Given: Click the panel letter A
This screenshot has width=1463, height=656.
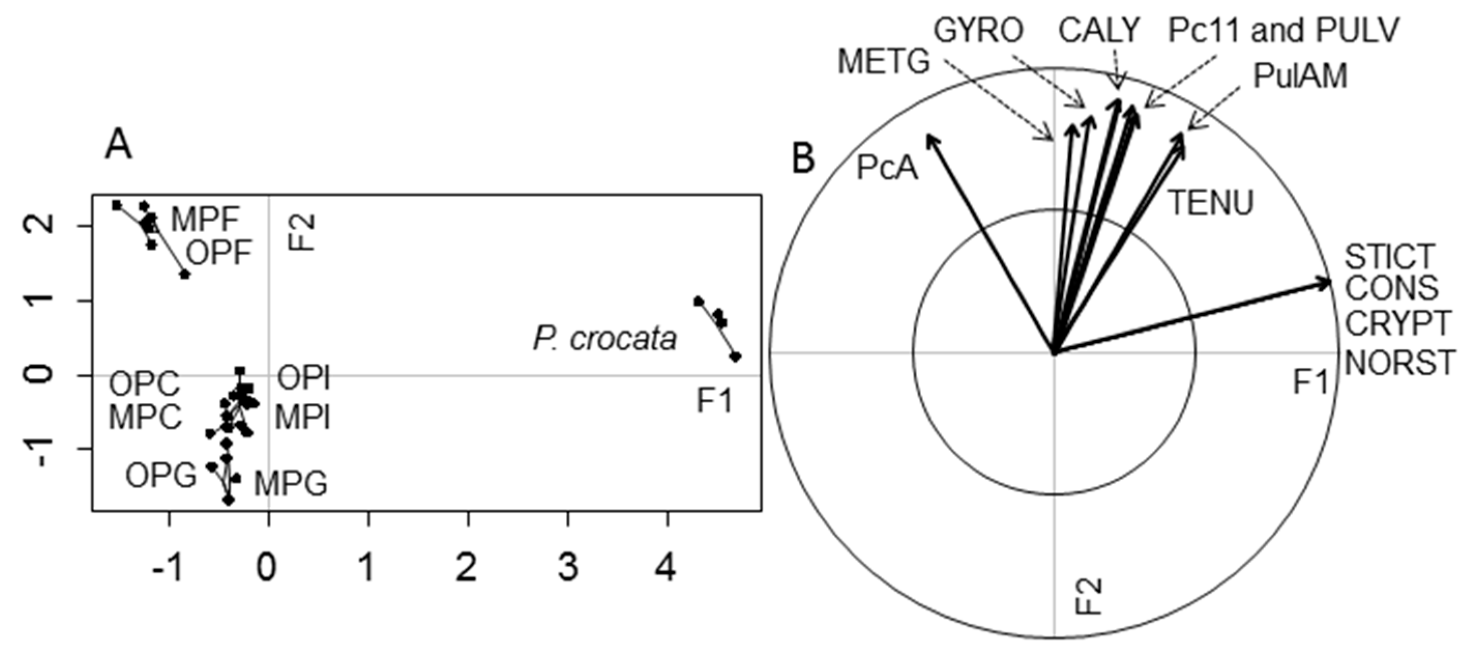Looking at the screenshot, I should pyautogui.click(x=118, y=146).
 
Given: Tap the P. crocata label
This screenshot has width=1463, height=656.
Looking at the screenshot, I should pyautogui.click(x=605, y=339).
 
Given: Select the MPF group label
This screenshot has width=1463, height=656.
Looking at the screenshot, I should pyautogui.click(x=205, y=219).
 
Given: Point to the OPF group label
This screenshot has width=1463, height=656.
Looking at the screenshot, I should pyautogui.click(x=219, y=253).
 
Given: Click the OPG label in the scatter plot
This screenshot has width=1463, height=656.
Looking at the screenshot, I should pyautogui.click(x=161, y=475).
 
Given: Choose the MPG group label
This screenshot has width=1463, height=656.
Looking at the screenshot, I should pyautogui.click(x=291, y=484).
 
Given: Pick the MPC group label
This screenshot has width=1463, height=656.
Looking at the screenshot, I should pyautogui.click(x=145, y=417).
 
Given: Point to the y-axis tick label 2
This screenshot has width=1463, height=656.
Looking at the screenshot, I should pyautogui.click(x=45, y=225).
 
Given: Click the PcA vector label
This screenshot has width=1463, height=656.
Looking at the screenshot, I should pyautogui.click(x=886, y=168).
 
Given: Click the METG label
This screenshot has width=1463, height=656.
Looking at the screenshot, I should pyautogui.click(x=884, y=61).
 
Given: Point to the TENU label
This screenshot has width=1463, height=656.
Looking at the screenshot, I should pyautogui.click(x=1210, y=203).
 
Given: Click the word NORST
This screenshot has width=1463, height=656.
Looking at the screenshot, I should pyautogui.click(x=1400, y=362).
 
